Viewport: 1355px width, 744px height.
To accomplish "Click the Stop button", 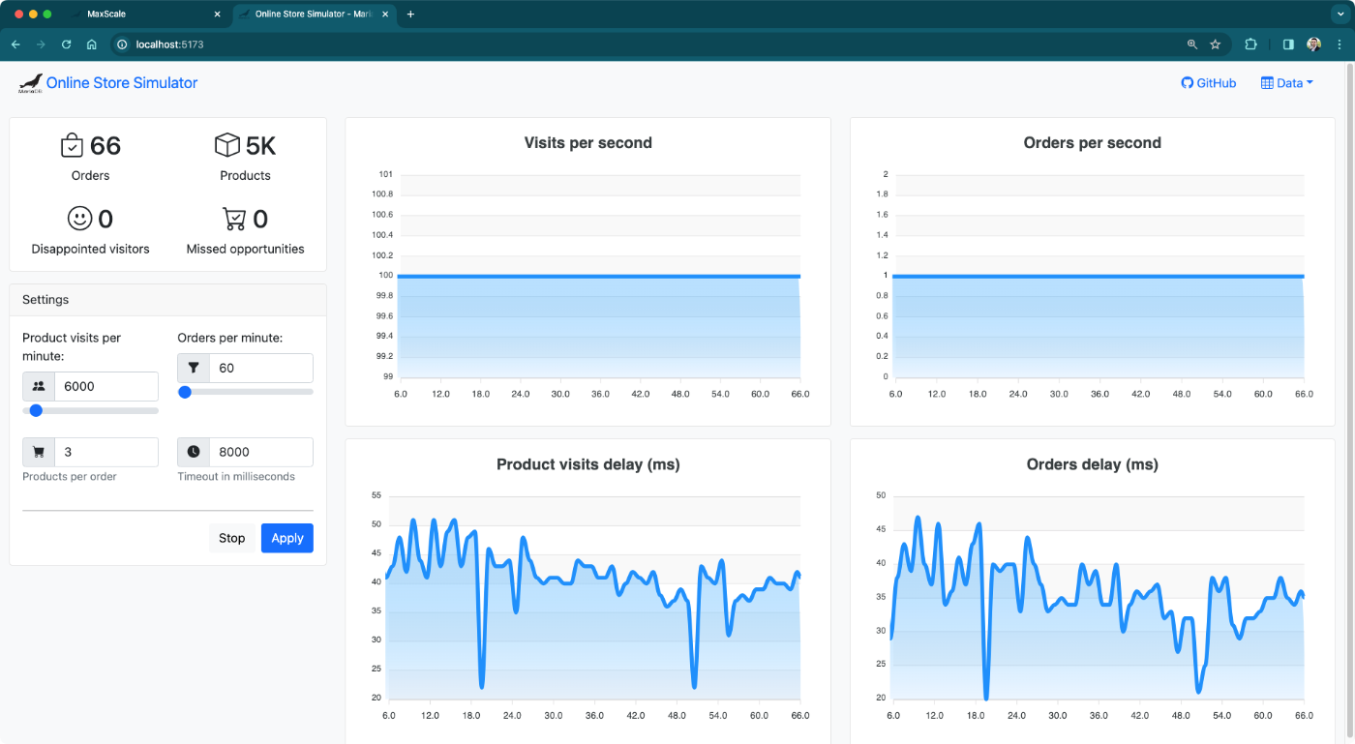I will [231, 538].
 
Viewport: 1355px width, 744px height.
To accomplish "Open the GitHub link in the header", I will [1209, 83].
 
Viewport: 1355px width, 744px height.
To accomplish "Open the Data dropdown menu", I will [1287, 83].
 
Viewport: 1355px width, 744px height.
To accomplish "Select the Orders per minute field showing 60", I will [259, 368].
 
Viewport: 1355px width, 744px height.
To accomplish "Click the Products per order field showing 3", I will [105, 452].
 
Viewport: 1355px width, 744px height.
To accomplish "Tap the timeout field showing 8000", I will [259, 452].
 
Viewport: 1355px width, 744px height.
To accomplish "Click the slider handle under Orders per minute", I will [185, 392].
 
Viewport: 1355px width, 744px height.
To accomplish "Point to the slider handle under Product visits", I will [36, 410].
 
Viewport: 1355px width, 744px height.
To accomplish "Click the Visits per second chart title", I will [587, 143].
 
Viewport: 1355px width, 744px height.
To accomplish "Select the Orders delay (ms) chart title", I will [1092, 464].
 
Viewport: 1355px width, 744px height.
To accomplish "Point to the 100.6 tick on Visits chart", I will [382, 215].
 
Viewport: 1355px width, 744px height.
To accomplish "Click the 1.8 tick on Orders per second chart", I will [882, 194].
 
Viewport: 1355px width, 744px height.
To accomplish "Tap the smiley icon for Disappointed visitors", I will [79, 219].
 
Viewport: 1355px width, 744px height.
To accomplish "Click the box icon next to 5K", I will [226, 145].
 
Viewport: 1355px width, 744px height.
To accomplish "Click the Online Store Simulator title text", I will [122, 83].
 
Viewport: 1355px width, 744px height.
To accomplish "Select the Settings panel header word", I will [45, 300].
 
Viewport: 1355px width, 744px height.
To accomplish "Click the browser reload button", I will [67, 45].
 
